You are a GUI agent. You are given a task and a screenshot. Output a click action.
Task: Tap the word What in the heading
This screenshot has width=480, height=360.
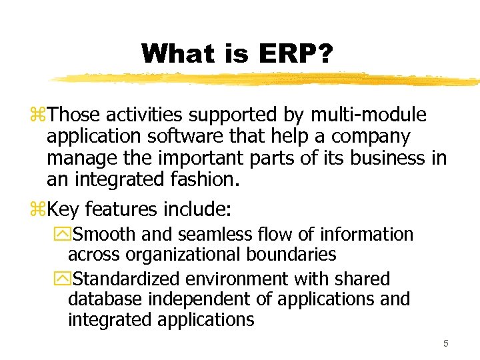point(171,53)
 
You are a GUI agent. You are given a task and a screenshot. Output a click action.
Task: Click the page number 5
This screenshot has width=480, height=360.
point(446,344)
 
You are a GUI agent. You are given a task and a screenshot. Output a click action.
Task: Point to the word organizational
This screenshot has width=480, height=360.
point(175,255)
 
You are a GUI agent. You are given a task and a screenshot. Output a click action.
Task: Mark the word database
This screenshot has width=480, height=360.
point(107,299)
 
